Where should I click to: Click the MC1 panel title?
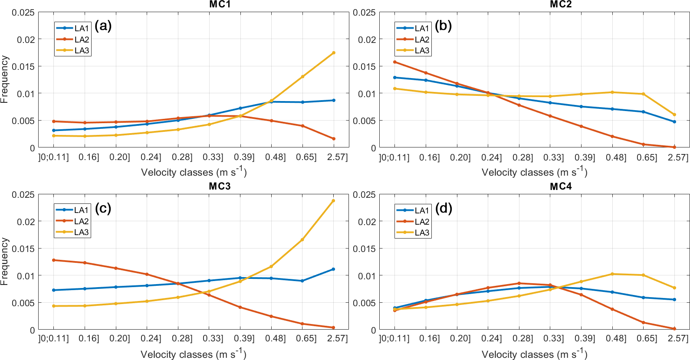point(220,4)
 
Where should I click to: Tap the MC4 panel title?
point(561,187)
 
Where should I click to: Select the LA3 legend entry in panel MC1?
point(82,50)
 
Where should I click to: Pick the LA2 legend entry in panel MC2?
point(422,39)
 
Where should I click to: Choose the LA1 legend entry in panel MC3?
point(81,210)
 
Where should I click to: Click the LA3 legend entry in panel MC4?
point(422,232)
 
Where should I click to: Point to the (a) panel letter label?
point(103,26)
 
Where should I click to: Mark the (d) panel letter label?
point(444,208)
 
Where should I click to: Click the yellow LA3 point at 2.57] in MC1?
point(334,53)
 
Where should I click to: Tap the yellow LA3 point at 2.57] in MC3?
point(333,201)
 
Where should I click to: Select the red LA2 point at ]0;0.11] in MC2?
point(394,62)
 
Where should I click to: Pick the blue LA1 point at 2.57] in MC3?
point(333,269)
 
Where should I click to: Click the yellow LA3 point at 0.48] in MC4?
point(612,274)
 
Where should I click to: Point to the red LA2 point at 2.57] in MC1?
point(334,139)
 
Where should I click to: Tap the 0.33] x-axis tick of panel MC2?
point(554,157)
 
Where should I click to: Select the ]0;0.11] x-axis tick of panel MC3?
point(53,338)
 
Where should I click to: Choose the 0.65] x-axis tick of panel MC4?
point(647,338)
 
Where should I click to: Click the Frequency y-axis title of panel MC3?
point(5,261)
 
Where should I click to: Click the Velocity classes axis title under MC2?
point(534,172)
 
